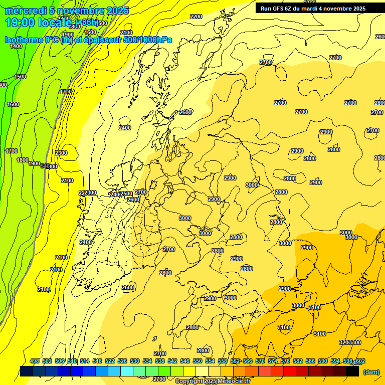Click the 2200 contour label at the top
[x=196, y=17]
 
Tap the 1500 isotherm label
[x=20, y=77]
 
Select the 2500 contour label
[x=126, y=194]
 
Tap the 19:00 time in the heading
[x=20, y=22]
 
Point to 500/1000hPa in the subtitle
[x=150, y=40]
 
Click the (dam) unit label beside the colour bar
[x=370, y=371]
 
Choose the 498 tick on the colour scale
[x=35, y=361]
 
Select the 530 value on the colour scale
[x=135, y=361]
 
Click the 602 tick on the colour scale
[x=360, y=361]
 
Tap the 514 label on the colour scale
[x=85, y=361]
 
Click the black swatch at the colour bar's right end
[x=353, y=371]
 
